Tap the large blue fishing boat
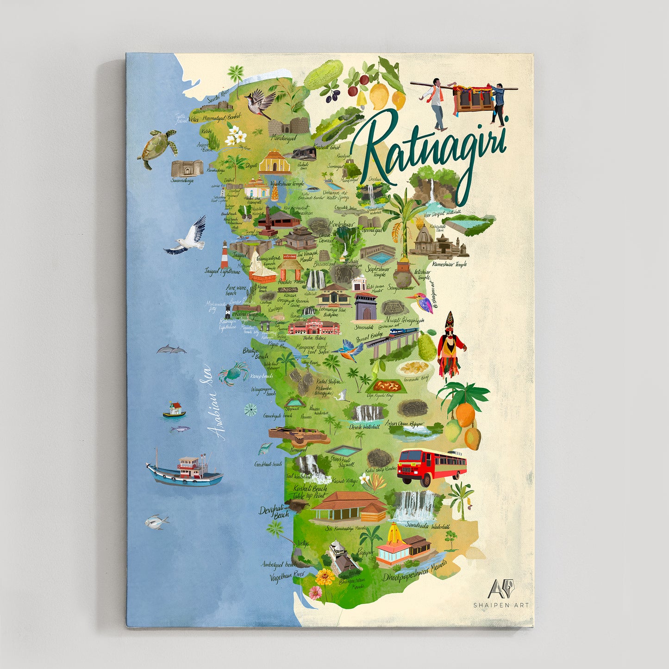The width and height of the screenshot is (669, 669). (x=184, y=471)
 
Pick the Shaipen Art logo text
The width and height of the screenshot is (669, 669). (x=500, y=605)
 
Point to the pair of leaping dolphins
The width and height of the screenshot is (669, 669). (x=171, y=350)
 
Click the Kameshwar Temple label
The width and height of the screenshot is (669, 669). (x=449, y=264)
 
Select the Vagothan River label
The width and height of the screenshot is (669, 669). (x=287, y=576)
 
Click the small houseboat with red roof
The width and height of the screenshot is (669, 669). (x=174, y=410)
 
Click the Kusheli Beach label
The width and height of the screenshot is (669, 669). (x=310, y=488)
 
